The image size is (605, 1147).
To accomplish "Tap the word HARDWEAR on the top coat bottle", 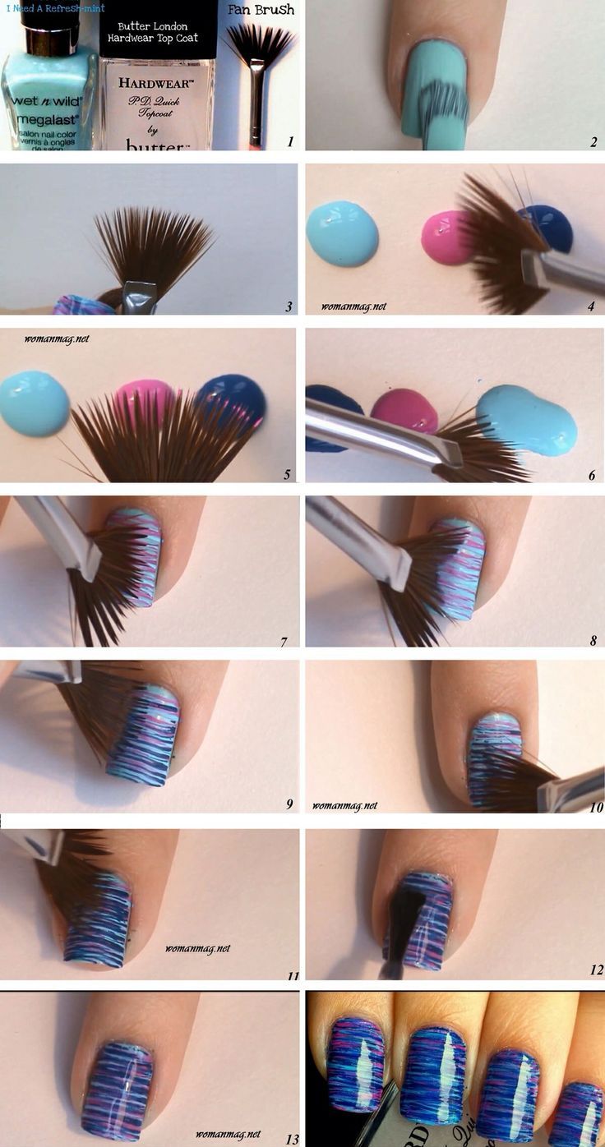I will [x=157, y=83].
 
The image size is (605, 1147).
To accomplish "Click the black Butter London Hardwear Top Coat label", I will [x=158, y=30].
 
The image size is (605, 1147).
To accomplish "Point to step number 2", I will [x=593, y=142].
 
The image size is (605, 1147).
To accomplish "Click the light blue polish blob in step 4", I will [x=342, y=233].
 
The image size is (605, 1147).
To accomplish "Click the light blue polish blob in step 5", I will [x=35, y=403].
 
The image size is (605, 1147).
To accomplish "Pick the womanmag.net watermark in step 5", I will [x=56, y=338].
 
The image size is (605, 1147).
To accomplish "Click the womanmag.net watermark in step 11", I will [x=197, y=948].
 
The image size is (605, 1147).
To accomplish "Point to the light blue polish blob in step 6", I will [x=526, y=418].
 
